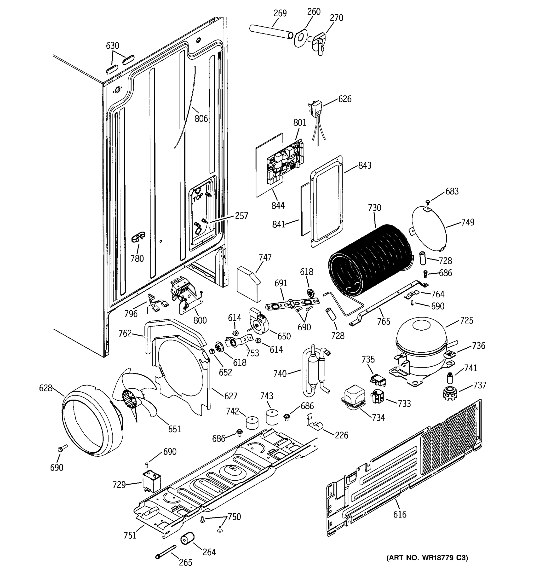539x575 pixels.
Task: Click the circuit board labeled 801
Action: click(x=285, y=162)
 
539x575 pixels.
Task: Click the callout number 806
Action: click(x=201, y=118)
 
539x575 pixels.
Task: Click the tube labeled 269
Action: click(x=270, y=31)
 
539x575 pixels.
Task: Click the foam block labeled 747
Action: click(x=249, y=283)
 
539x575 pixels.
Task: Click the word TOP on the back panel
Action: click(x=198, y=198)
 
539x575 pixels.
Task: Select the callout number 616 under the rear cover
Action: click(x=400, y=514)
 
